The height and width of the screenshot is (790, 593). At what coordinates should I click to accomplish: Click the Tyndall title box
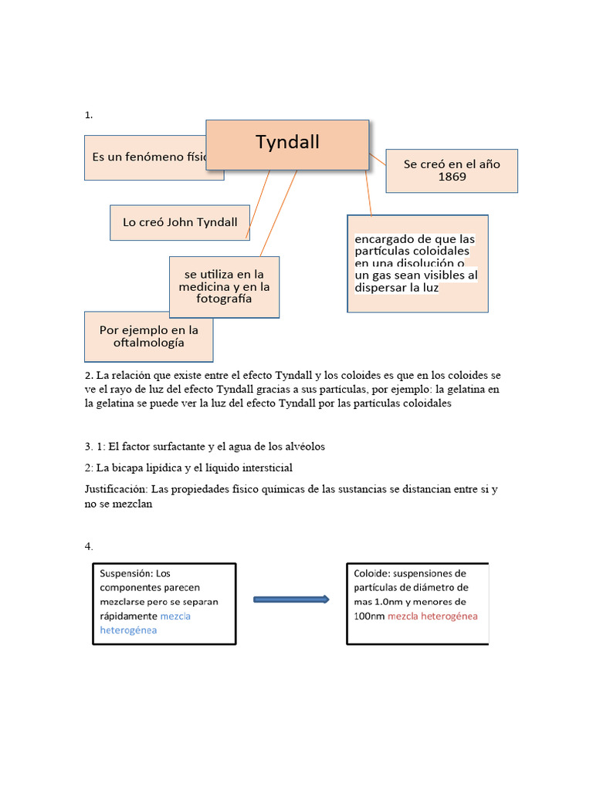click(287, 143)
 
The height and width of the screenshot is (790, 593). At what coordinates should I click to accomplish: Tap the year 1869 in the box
click(452, 177)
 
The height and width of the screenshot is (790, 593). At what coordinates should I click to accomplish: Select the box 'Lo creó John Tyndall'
click(180, 222)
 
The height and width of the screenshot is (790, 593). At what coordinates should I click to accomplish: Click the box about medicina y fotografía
click(224, 287)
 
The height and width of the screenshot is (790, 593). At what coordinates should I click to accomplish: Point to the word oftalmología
click(149, 343)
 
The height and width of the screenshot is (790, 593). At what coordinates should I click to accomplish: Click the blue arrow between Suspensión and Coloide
click(289, 599)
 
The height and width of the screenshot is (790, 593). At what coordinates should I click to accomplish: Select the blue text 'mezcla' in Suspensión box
click(175, 616)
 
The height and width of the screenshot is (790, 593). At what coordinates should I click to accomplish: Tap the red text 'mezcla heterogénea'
click(432, 616)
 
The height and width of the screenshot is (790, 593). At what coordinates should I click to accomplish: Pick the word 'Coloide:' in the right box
click(374, 574)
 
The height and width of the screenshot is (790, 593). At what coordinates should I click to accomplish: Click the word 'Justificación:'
click(116, 489)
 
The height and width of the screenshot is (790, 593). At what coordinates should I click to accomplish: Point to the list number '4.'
click(89, 546)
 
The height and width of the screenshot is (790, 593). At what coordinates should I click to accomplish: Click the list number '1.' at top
click(89, 115)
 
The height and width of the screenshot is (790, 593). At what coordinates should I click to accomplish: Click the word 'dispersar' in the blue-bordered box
click(384, 288)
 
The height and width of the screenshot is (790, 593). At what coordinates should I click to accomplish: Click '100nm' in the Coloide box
click(369, 616)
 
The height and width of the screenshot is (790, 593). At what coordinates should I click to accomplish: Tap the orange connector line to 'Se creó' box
click(378, 161)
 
